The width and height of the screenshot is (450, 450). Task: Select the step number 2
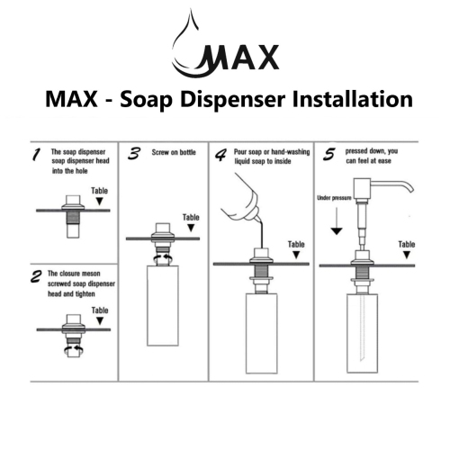click(x=33, y=275)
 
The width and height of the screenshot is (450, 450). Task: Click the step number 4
click(x=220, y=154)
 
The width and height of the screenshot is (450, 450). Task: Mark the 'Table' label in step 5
click(x=406, y=244)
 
